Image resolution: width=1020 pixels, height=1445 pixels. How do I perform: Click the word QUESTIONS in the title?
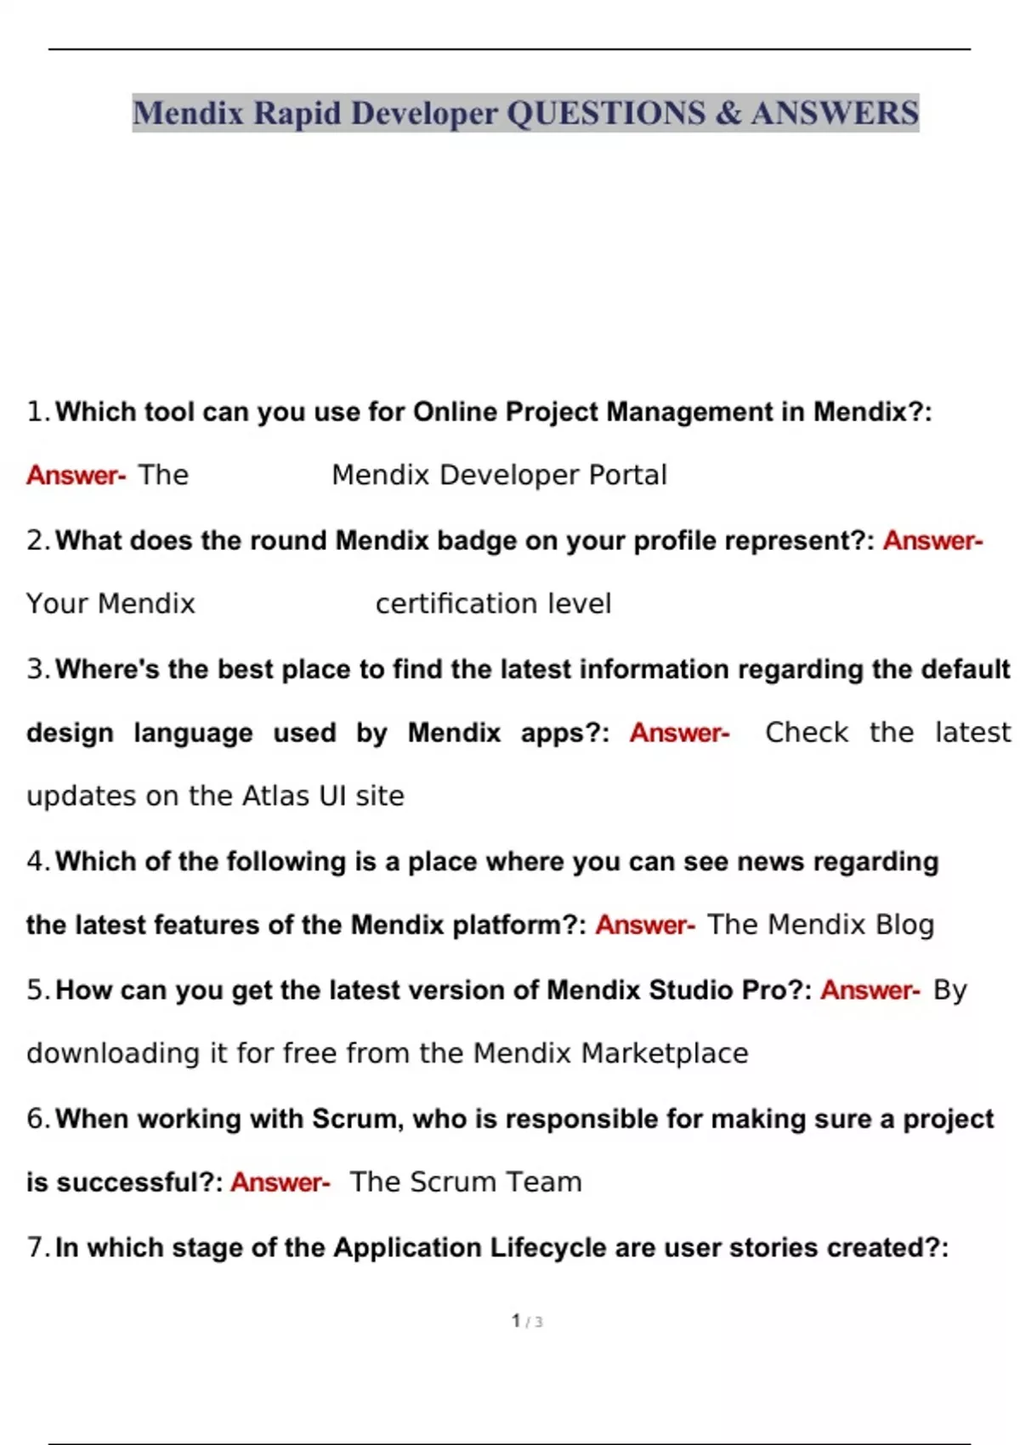(x=606, y=113)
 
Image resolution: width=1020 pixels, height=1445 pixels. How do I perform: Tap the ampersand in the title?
(x=728, y=113)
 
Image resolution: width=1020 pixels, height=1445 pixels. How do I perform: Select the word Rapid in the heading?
(x=297, y=113)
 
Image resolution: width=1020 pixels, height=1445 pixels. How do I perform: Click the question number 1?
(x=35, y=412)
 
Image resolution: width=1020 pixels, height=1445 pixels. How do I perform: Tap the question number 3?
(x=36, y=669)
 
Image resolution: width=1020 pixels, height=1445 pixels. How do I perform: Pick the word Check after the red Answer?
(x=806, y=733)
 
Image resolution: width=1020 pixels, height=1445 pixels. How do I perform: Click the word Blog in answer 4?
(x=904, y=925)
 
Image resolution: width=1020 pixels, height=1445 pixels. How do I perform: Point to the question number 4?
(x=36, y=862)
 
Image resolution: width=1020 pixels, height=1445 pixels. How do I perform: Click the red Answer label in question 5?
(x=869, y=990)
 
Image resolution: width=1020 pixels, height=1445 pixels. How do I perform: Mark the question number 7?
(x=36, y=1248)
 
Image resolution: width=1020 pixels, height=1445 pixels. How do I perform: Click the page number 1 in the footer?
(x=516, y=1321)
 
